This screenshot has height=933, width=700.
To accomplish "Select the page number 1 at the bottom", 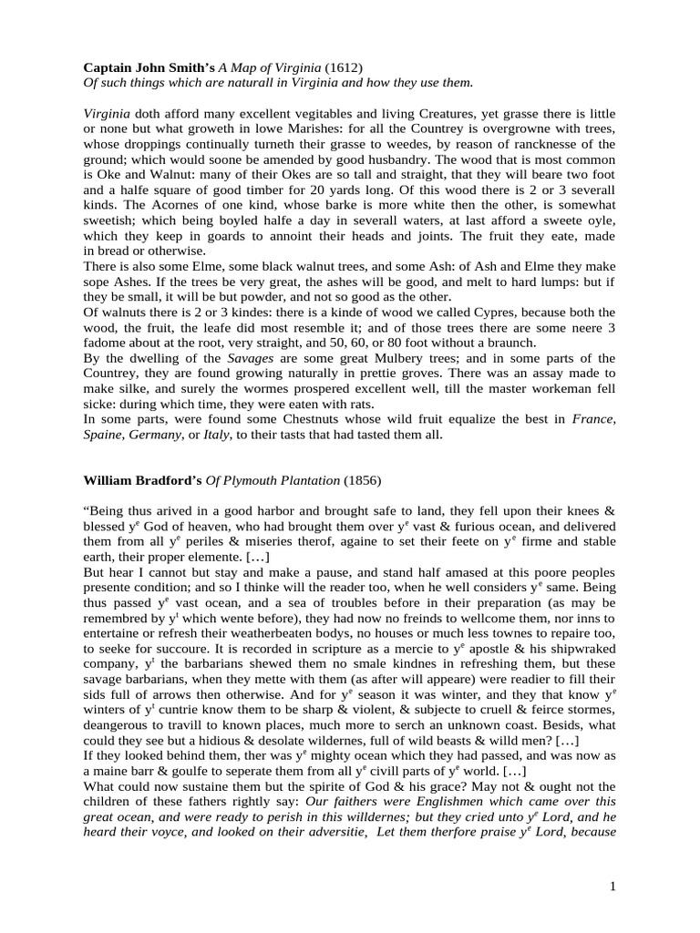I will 612,885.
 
